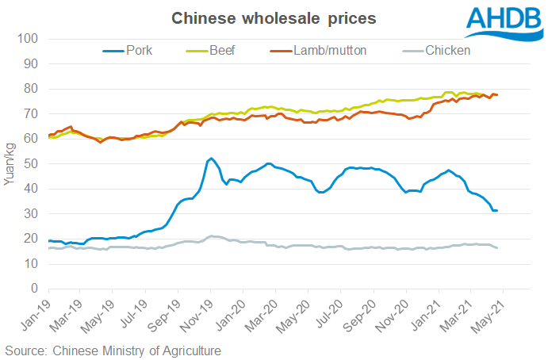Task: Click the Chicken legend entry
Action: pos(448,50)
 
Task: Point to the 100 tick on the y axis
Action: pos(30,38)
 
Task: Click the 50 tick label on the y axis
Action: pos(33,163)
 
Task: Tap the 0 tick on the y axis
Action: pos(36,289)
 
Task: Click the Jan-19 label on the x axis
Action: pos(36,311)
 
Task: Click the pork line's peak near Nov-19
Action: pos(210,159)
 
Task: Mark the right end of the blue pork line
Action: pos(496,210)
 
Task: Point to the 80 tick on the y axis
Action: pos(33,88)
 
